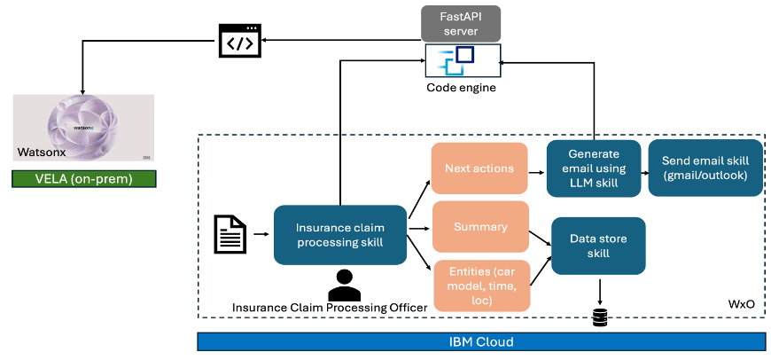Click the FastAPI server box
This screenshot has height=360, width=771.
click(461, 24)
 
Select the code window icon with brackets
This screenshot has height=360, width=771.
click(241, 41)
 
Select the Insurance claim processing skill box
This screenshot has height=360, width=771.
click(339, 234)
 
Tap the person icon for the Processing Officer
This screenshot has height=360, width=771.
click(344, 283)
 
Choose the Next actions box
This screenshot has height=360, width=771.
click(479, 168)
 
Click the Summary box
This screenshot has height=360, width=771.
click(480, 226)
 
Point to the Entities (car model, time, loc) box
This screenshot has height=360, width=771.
click(480, 284)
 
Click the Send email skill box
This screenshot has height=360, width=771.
click(705, 168)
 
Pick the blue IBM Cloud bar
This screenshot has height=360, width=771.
click(481, 341)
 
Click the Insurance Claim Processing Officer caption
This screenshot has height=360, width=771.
click(330, 307)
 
